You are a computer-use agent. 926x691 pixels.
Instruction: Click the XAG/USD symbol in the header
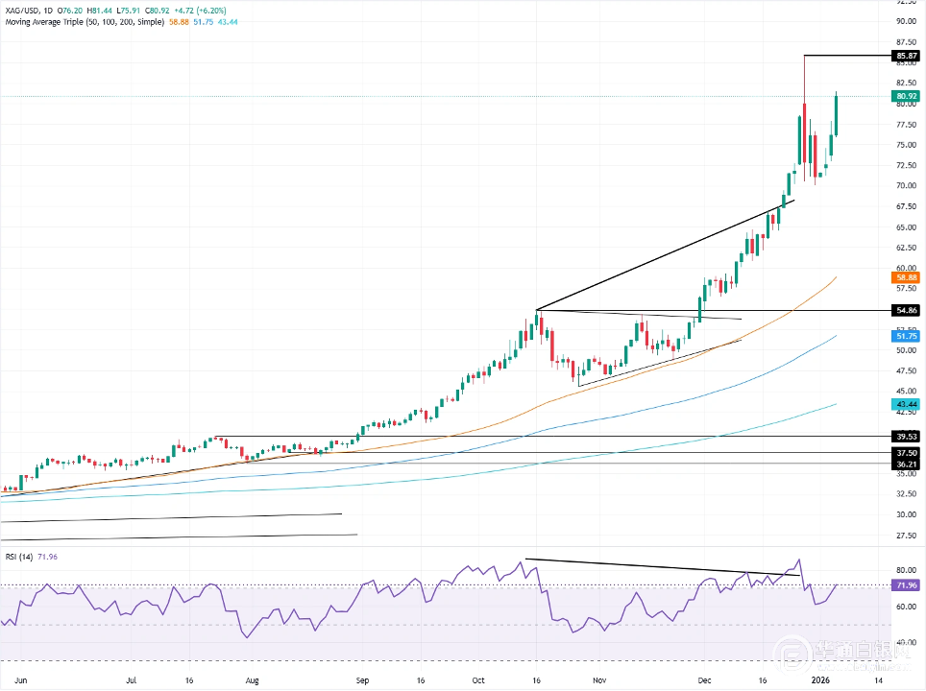(x=23, y=8)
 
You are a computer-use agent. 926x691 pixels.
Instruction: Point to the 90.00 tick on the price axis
(x=904, y=21)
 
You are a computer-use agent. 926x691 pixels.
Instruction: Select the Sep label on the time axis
(x=363, y=679)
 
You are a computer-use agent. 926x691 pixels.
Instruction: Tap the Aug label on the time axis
(x=253, y=679)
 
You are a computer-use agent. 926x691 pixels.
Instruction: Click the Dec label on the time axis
(x=705, y=679)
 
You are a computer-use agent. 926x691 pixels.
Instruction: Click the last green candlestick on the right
(x=837, y=115)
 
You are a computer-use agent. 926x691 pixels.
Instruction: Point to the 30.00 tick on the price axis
(x=904, y=514)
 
